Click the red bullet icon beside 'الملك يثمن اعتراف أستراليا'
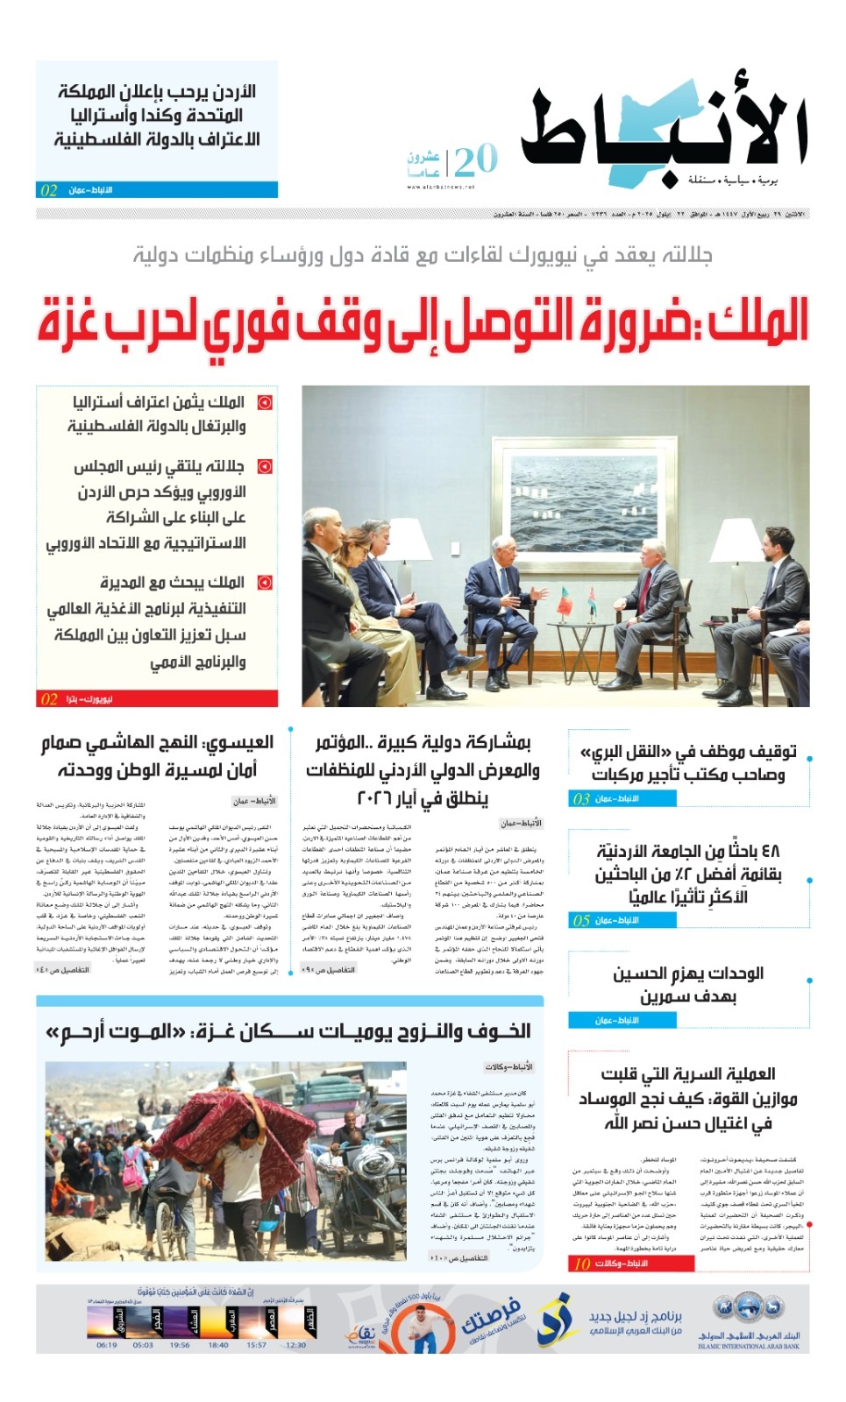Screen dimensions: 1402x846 click(x=264, y=403)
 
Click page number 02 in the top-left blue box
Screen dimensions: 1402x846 click(x=49, y=190)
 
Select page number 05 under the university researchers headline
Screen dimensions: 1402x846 click(x=581, y=920)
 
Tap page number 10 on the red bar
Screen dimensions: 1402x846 click(x=582, y=1264)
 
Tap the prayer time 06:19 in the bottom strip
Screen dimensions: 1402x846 click(x=107, y=1345)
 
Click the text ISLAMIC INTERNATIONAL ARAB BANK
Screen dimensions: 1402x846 click(x=749, y=1347)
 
